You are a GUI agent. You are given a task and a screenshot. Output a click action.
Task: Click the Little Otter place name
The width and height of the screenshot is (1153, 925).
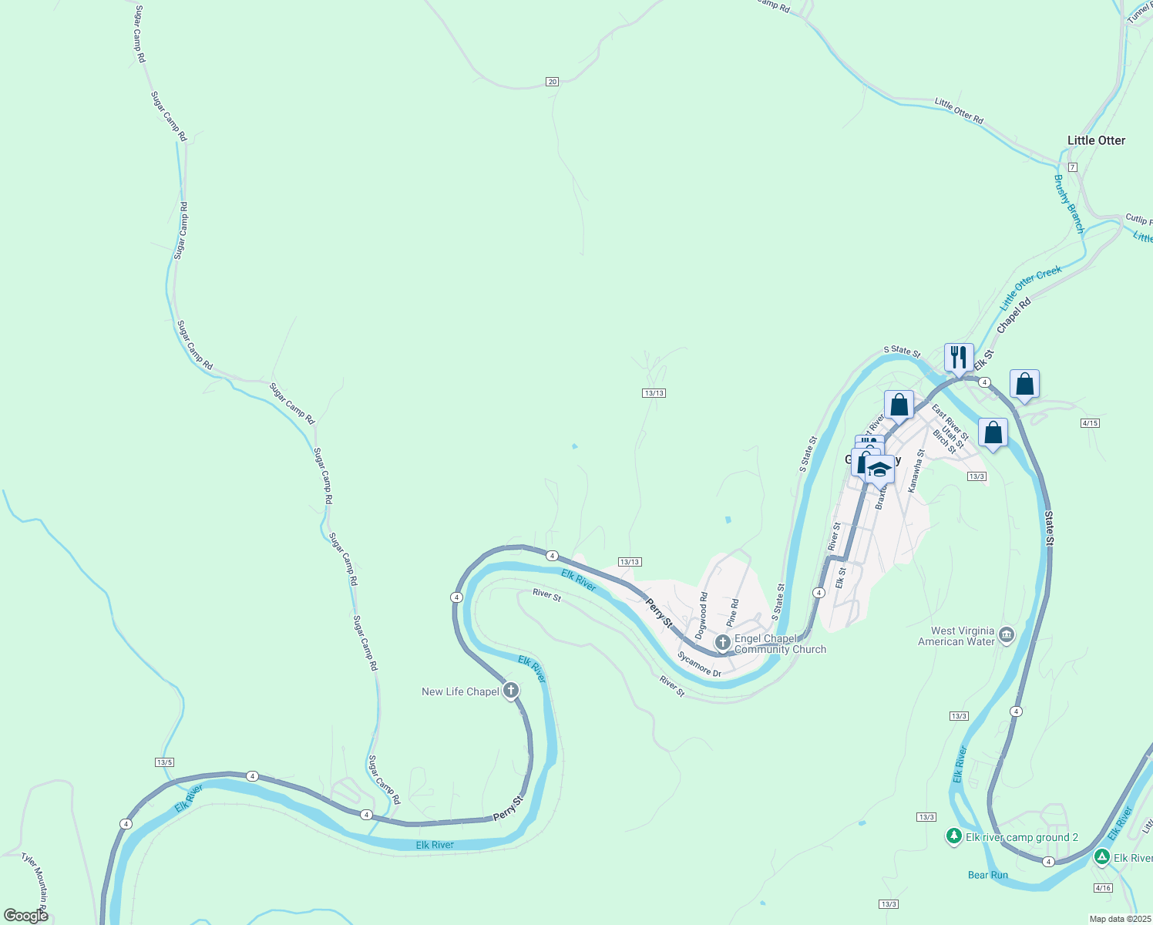click(x=1096, y=140)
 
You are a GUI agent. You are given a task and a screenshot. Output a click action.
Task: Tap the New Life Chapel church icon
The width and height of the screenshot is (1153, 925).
click(x=510, y=690)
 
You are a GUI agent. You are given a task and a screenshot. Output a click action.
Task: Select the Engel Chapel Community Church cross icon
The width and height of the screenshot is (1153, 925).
click(x=722, y=642)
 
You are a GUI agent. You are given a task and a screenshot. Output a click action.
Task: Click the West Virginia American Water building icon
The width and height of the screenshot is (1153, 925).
click(x=1006, y=635)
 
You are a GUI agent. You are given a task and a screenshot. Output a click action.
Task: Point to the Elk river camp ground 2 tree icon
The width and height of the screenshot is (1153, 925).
click(x=954, y=836)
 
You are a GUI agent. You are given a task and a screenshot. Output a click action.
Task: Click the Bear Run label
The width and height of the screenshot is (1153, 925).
click(x=987, y=875)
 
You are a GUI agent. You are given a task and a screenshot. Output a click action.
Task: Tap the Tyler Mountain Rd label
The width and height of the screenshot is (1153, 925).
click(x=35, y=878)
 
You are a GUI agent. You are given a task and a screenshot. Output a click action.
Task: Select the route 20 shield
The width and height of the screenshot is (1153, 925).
click(x=552, y=82)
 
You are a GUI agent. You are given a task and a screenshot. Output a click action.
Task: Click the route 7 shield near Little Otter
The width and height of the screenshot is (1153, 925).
click(x=1072, y=167)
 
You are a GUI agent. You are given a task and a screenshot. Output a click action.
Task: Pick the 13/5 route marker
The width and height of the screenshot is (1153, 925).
click(x=164, y=762)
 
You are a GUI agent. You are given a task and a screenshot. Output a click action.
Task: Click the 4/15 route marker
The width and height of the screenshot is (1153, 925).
click(x=1090, y=423)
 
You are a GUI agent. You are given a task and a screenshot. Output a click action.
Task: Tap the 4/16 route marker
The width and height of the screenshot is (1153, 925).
click(x=1103, y=888)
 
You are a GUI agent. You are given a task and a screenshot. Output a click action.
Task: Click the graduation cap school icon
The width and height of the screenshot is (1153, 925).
click(x=879, y=469)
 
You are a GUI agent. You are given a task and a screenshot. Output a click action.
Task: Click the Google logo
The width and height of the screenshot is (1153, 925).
click(x=26, y=915)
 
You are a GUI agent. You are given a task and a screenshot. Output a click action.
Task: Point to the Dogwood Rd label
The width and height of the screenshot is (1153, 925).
click(x=702, y=615)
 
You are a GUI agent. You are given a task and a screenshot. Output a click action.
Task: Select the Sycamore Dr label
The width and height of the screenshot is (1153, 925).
click(x=699, y=664)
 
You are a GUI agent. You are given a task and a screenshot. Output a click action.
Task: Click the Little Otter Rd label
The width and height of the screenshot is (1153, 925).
click(x=959, y=111)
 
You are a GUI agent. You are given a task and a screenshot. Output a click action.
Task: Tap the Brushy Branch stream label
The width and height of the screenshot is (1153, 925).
click(x=1068, y=204)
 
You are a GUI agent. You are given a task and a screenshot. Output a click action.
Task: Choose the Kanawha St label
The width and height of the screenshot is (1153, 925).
click(x=916, y=471)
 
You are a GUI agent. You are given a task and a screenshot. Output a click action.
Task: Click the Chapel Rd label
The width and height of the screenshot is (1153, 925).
click(x=1013, y=316)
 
